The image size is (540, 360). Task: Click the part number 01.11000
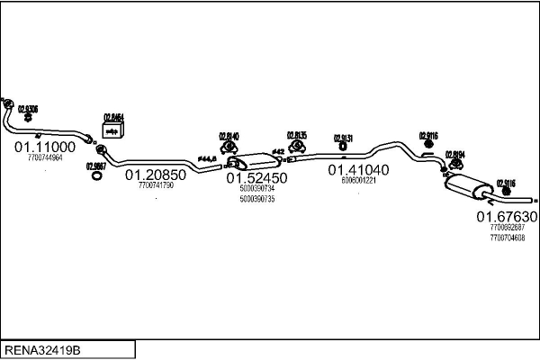point(44,146)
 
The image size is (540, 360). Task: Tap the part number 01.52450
point(257,178)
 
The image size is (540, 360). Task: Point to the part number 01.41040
point(358,169)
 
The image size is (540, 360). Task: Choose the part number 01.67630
point(507,217)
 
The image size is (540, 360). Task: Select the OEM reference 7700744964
point(45,157)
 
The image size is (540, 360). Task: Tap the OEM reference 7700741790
point(156,185)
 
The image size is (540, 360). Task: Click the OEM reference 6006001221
point(358,180)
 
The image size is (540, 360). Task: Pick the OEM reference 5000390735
point(257,199)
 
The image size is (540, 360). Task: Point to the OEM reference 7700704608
point(507,238)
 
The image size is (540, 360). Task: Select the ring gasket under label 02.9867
point(96,175)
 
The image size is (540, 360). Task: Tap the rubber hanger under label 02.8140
point(229,147)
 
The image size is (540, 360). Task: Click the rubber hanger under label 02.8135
point(297,147)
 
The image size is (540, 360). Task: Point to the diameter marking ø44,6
point(207,159)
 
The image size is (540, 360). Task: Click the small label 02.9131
point(343,138)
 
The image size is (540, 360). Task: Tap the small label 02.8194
point(454,154)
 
